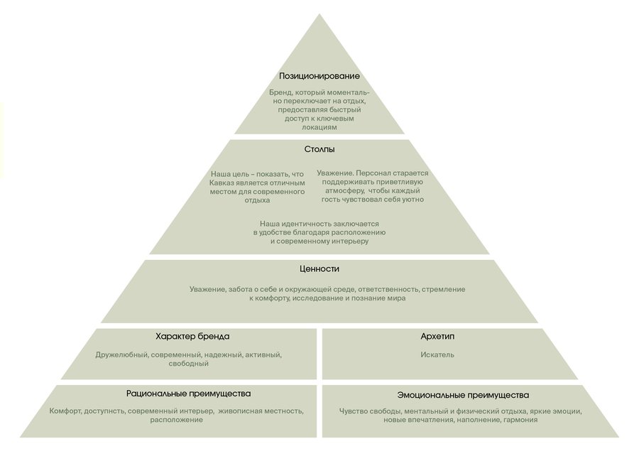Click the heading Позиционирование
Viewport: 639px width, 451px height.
(x=319, y=76)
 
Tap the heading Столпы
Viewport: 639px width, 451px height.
(x=319, y=150)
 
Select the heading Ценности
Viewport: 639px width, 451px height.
(x=319, y=269)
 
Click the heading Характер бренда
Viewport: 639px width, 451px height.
(x=192, y=337)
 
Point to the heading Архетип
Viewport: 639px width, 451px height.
(x=437, y=337)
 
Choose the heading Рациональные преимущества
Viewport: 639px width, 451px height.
(x=188, y=393)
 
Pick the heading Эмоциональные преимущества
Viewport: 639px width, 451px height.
(x=463, y=395)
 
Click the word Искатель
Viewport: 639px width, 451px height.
(x=437, y=355)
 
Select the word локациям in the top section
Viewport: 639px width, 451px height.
(x=319, y=127)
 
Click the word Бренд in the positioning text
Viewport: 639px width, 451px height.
(x=282, y=93)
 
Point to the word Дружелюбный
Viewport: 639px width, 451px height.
(x=121, y=355)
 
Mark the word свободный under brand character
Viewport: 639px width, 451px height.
(x=187, y=364)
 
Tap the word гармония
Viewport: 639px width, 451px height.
(x=521, y=420)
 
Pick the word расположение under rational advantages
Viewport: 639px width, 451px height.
(x=176, y=420)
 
